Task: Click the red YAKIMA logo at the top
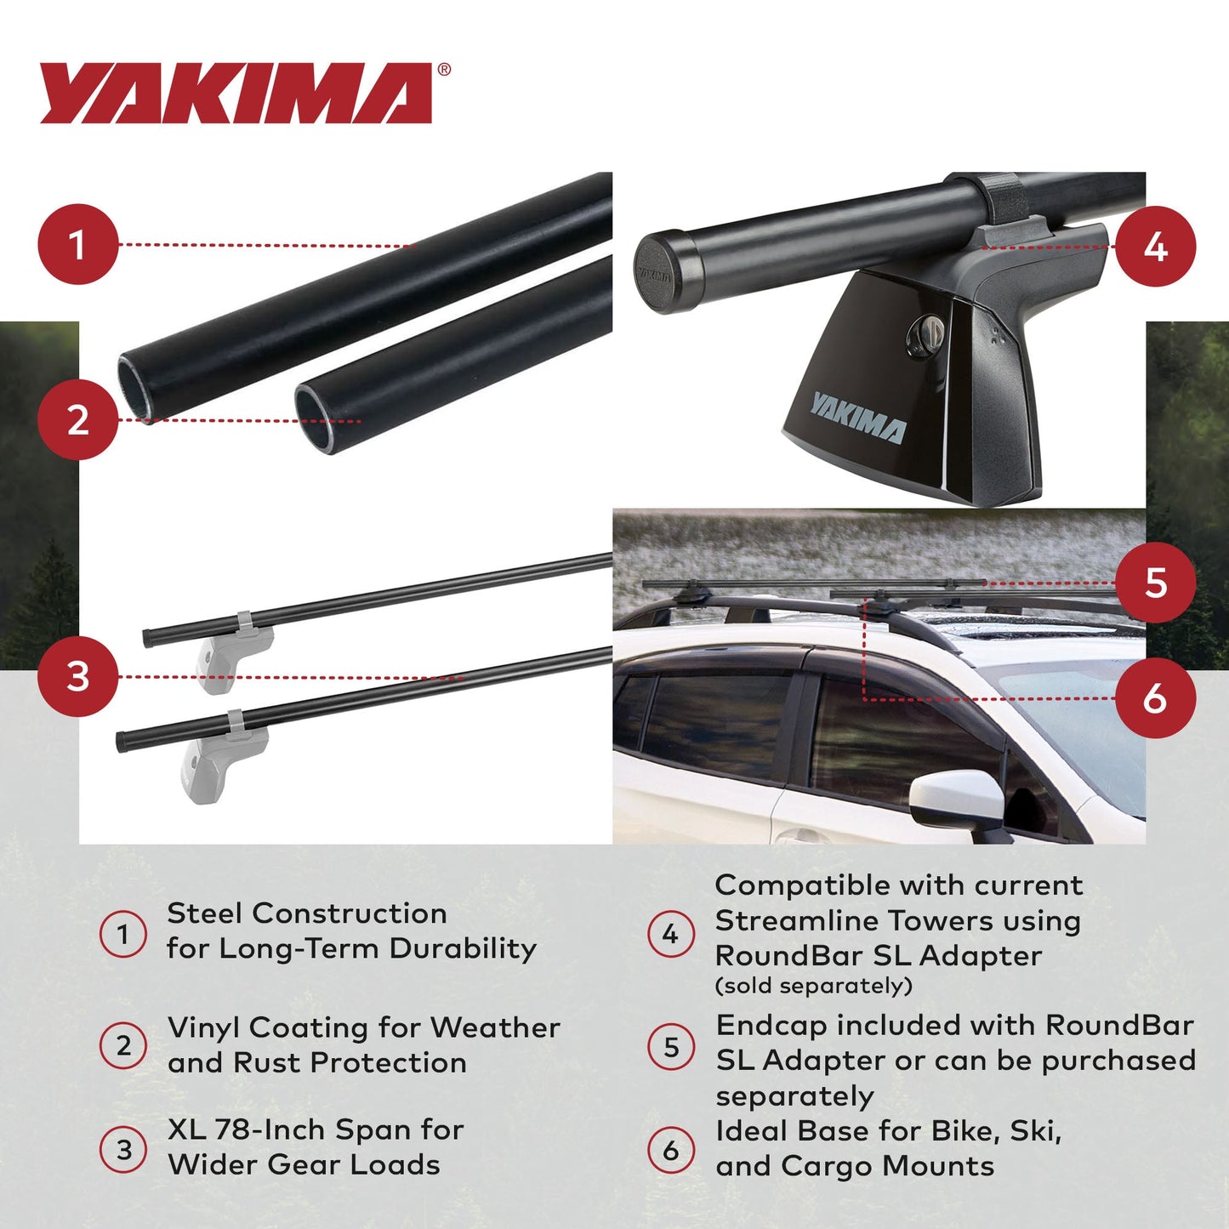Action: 236,94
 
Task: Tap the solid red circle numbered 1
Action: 77,245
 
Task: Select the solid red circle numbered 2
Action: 77,420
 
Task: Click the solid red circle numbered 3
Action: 77,677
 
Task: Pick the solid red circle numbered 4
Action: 1155,247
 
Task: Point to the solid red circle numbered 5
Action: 1155,583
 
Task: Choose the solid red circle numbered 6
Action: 1155,698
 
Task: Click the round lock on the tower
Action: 922,335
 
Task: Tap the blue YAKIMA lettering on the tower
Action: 857,418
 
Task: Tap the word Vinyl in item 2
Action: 204,1028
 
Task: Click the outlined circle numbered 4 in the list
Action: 671,935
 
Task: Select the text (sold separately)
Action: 814,987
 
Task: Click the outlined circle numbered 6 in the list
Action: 671,1150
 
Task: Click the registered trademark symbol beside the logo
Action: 444,71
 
